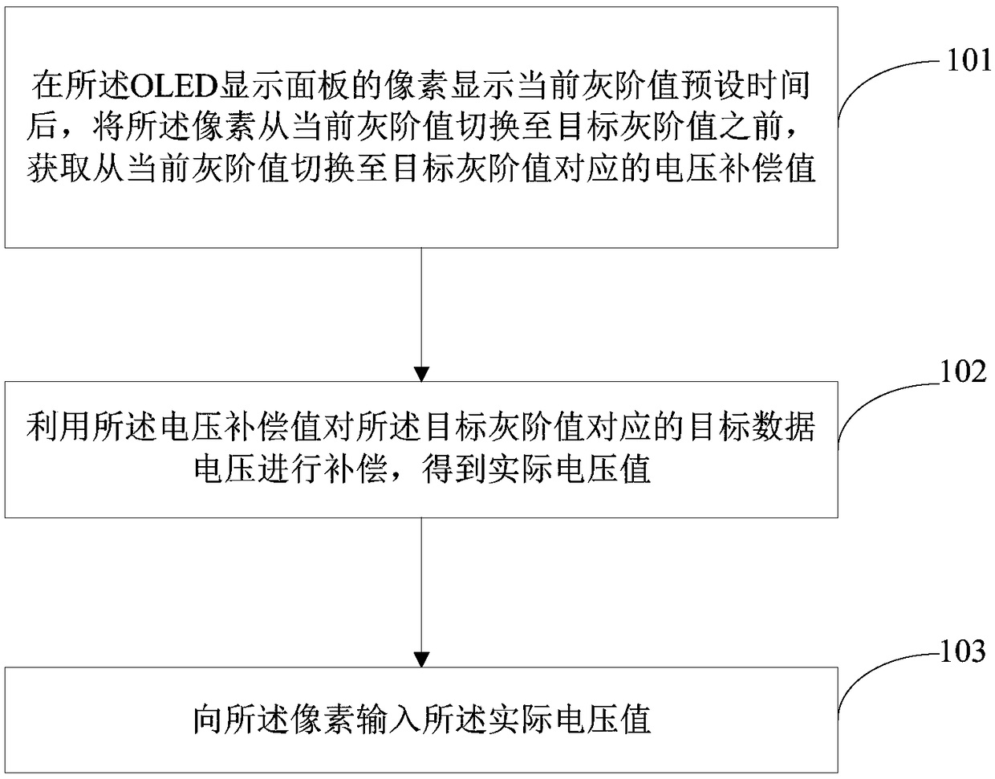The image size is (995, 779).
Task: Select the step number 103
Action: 961,651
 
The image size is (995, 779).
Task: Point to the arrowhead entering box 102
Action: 421,374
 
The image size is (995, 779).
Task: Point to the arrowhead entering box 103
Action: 421,659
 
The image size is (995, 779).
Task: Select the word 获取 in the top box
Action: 59,168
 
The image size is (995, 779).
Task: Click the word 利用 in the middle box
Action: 59,426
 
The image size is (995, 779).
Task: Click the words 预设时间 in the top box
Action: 745,86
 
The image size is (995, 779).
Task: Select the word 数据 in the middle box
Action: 783,426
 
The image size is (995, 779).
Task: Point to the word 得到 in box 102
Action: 453,469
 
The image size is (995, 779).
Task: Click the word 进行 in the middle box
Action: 291,469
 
